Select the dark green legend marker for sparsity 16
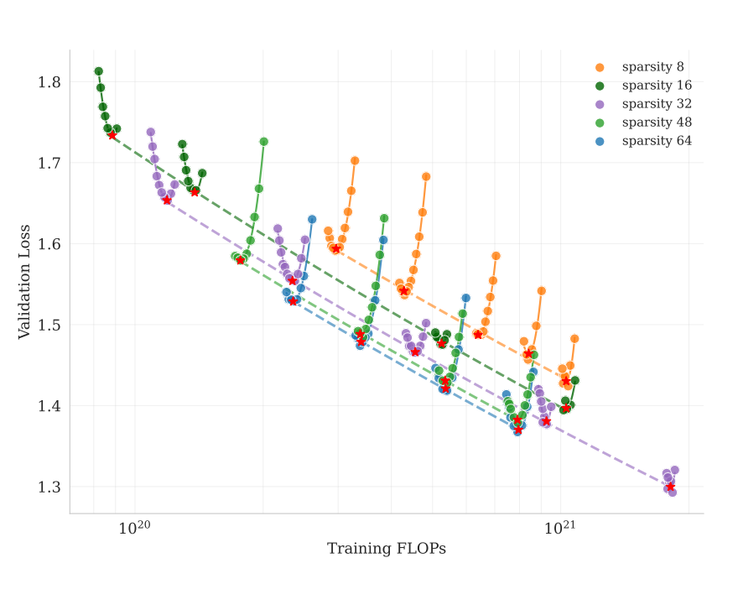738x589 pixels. coord(599,86)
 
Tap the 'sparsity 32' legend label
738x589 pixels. coord(656,104)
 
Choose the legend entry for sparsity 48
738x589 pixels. coord(656,122)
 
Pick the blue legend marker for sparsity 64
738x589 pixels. coord(599,141)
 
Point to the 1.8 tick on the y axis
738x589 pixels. coord(49,82)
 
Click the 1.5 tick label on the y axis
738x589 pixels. coord(49,326)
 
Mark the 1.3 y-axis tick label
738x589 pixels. coord(49,487)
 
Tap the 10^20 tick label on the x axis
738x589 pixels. coord(133,528)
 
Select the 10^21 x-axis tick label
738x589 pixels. coord(559,528)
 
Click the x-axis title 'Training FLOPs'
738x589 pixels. coord(386,550)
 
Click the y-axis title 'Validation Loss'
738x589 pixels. coord(25,281)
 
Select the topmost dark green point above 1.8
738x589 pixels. coord(98,71)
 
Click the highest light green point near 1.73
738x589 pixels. coord(263,142)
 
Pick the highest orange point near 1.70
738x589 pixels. coord(355,160)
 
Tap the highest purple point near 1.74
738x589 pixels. coord(151,132)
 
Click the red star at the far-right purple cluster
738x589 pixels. coord(670,487)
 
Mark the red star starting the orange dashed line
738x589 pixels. coord(335,248)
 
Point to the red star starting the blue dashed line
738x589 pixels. coord(293,300)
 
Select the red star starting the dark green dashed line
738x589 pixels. coord(112,135)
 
